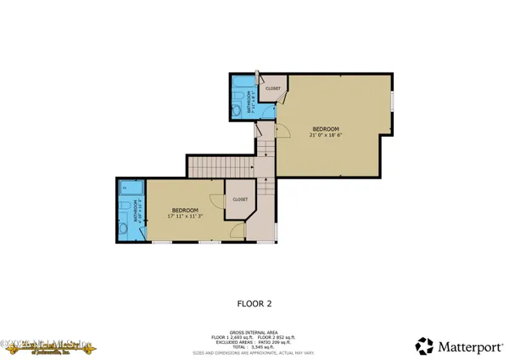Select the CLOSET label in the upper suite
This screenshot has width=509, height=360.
[273, 88]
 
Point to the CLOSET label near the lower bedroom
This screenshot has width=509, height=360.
[240, 200]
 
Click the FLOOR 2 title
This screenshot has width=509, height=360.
[254, 301]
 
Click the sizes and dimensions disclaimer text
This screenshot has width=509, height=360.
[255, 351]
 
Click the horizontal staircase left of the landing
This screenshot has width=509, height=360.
[221, 167]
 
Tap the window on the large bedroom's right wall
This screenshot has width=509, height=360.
[393, 100]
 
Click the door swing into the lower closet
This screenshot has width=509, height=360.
[218, 201]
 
